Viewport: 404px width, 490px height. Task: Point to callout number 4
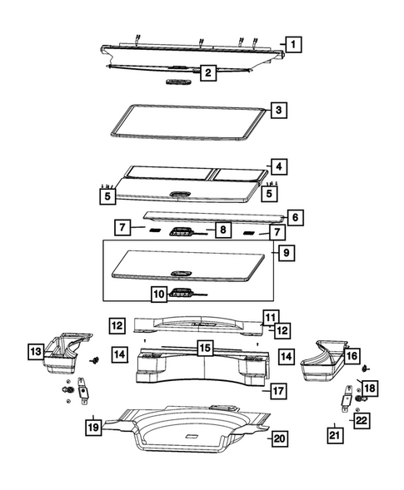click(x=278, y=166)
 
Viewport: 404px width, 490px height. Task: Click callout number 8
click(x=222, y=230)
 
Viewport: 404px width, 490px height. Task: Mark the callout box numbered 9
click(x=286, y=250)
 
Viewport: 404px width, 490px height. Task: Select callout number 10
click(x=159, y=293)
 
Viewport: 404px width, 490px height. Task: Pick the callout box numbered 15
click(x=204, y=347)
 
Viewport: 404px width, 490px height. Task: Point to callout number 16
click(x=352, y=356)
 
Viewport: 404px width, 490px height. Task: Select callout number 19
click(x=93, y=428)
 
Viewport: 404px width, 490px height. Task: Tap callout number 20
click(x=280, y=439)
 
